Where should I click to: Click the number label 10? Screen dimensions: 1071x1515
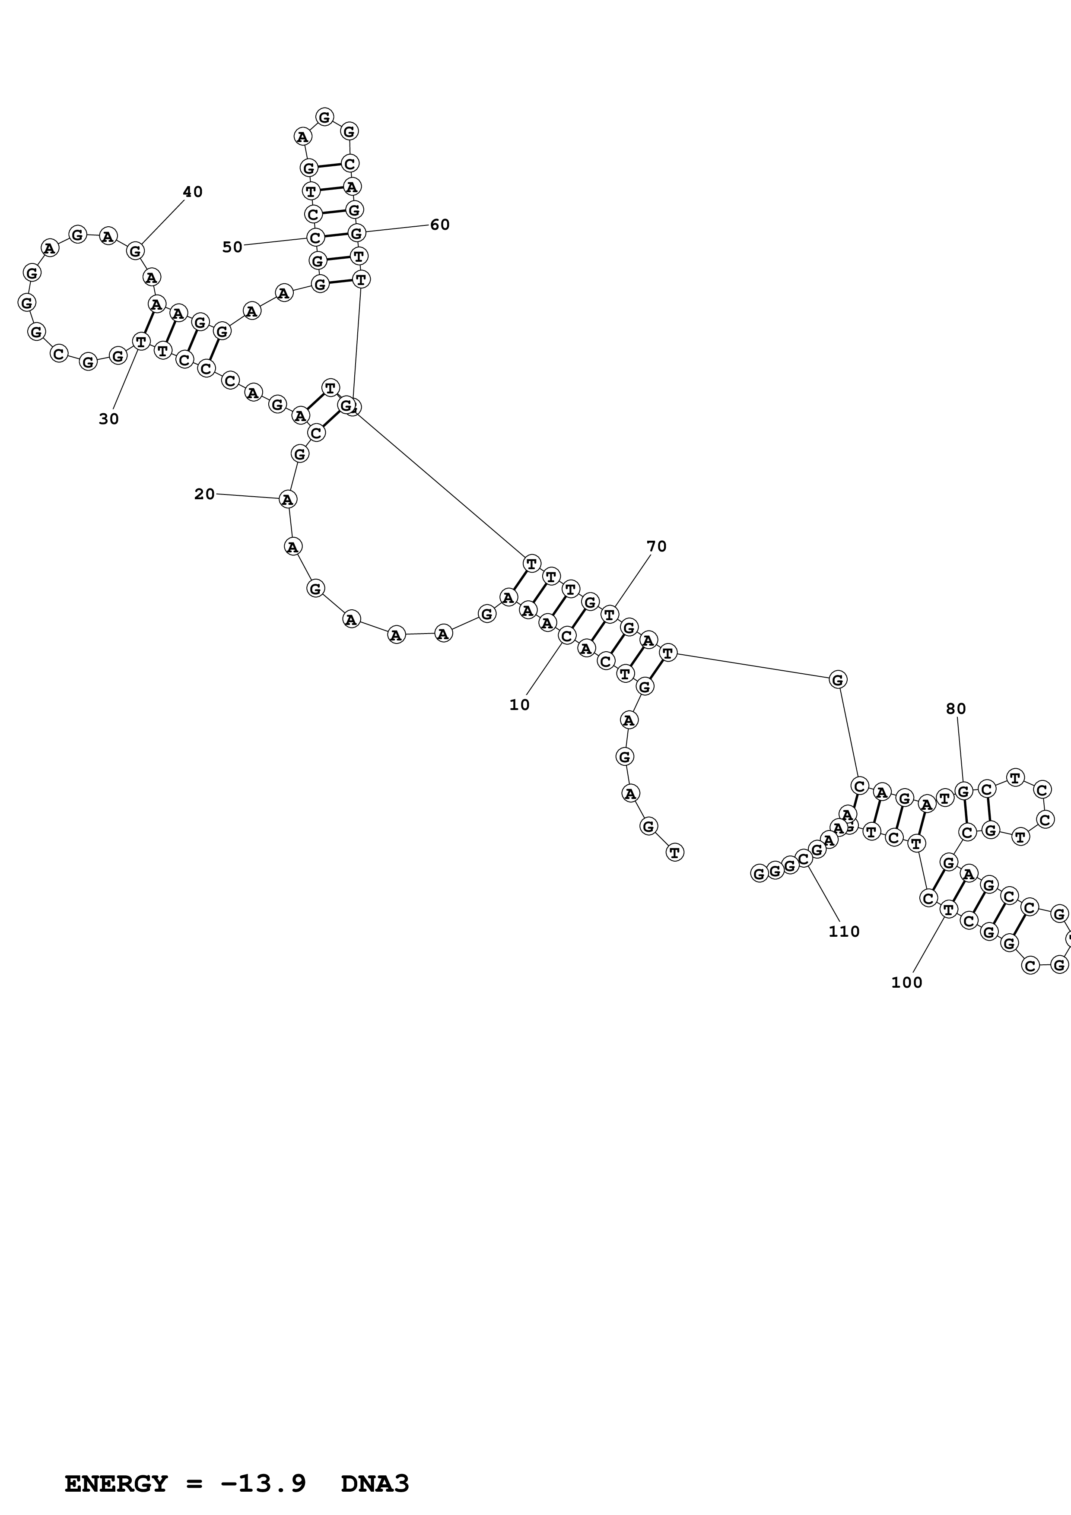click(519, 705)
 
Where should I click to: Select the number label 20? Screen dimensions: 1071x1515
click(204, 494)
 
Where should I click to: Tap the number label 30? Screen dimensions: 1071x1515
click(109, 419)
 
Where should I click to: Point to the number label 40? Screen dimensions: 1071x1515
click(193, 192)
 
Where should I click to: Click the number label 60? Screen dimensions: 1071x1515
click(439, 225)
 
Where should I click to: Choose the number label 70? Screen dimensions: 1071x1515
click(657, 546)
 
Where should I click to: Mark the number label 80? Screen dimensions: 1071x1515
click(956, 709)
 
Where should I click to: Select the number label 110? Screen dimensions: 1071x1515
click(844, 932)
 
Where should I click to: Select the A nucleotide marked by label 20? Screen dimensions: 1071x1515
click(287, 500)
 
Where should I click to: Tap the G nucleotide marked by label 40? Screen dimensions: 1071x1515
click(135, 251)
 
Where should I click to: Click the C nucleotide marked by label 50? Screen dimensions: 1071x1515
click(315, 237)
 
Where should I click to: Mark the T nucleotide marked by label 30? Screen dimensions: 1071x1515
click(140, 342)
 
